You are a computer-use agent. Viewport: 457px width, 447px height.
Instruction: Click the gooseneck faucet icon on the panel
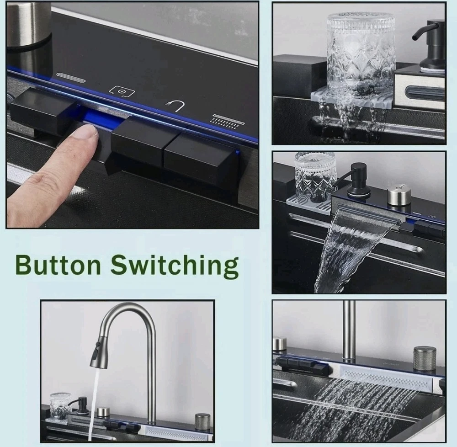(176, 106)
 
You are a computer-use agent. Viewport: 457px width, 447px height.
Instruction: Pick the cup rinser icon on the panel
(122, 91)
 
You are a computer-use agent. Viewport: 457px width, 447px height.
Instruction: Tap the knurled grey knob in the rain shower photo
(425, 358)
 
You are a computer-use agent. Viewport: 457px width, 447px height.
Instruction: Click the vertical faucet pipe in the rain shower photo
(349, 329)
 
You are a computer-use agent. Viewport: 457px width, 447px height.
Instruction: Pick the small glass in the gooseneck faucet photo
(60, 405)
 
